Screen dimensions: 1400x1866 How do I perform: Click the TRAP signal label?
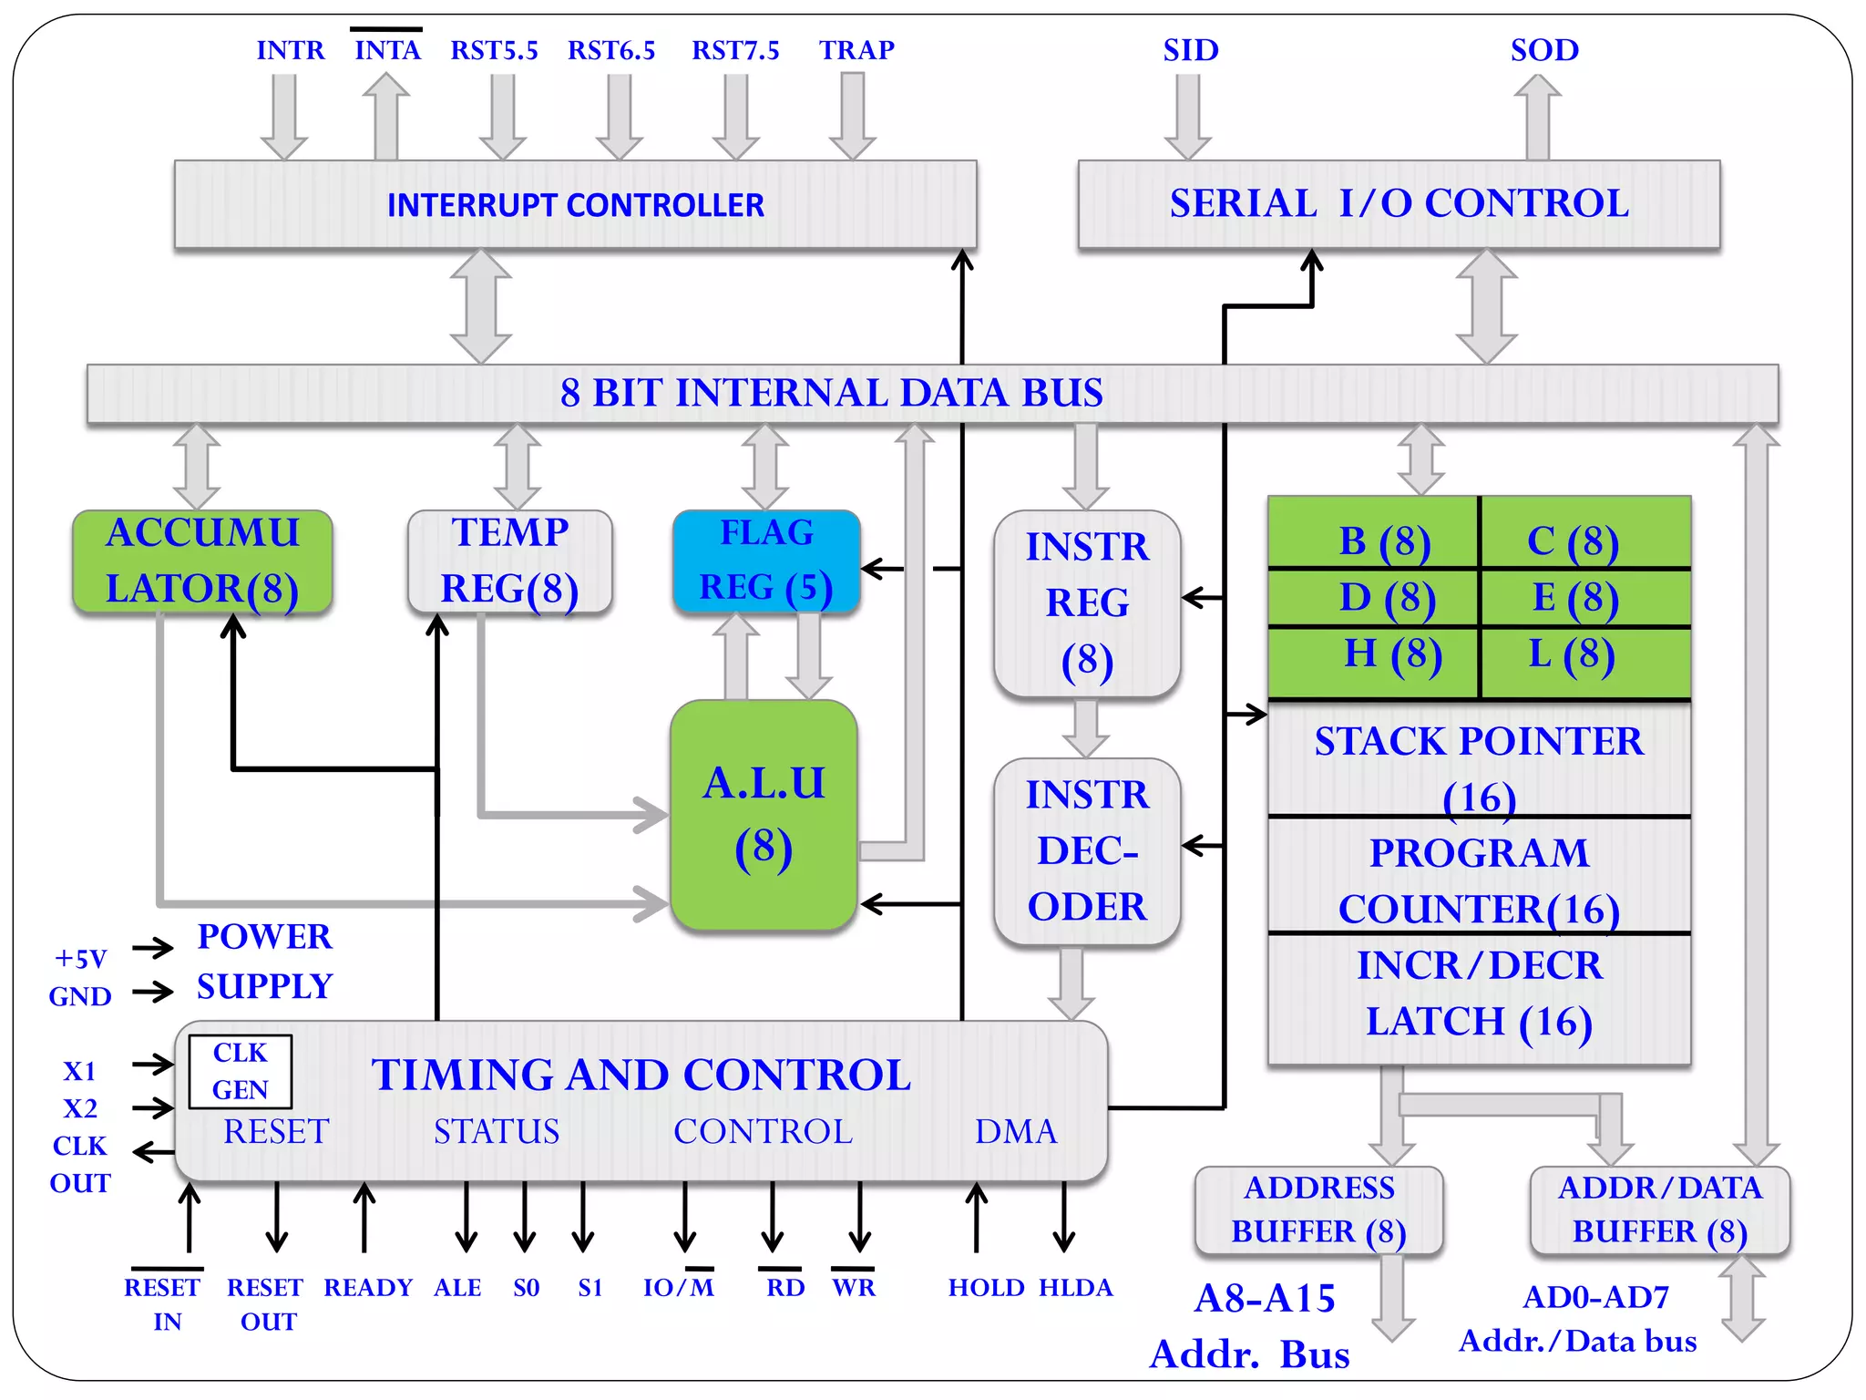pyautogui.click(x=856, y=50)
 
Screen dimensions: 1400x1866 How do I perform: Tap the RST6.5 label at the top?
pyautogui.click(x=610, y=50)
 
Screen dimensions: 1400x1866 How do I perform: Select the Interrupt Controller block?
pyautogui.click(x=575, y=204)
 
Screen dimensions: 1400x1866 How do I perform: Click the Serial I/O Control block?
pyautogui.click(x=1399, y=203)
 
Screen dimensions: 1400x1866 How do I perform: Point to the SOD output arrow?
pyautogui.click(x=1537, y=117)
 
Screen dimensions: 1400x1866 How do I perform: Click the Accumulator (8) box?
pyautogui.click(x=202, y=561)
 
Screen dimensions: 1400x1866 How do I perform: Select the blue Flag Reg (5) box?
pyautogui.click(x=765, y=561)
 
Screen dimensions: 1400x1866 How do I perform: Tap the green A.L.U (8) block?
pyautogui.click(x=764, y=815)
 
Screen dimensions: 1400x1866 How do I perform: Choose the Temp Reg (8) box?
pyautogui.click(x=509, y=561)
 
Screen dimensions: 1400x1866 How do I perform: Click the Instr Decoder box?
pyautogui.click(x=1086, y=850)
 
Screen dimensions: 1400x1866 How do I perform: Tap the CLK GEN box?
pyautogui.click(x=240, y=1071)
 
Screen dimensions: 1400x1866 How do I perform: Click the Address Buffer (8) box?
pyautogui.click(x=1317, y=1210)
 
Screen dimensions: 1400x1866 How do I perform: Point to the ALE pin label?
pyautogui.click(x=457, y=1287)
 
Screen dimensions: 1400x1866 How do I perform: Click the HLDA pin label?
pyautogui.click(x=1075, y=1287)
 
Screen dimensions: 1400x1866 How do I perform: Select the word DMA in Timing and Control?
pyautogui.click(x=1015, y=1131)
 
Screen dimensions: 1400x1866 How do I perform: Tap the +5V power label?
pyautogui.click(x=80, y=959)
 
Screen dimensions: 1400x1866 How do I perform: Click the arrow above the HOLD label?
pyautogui.click(x=976, y=1217)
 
